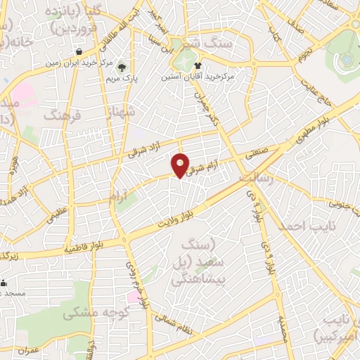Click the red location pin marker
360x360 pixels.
[x=181, y=165]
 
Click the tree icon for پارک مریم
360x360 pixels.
[x=123, y=67]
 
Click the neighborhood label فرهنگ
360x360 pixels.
[x=63, y=114]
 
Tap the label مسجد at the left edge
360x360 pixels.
[x=13, y=292]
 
